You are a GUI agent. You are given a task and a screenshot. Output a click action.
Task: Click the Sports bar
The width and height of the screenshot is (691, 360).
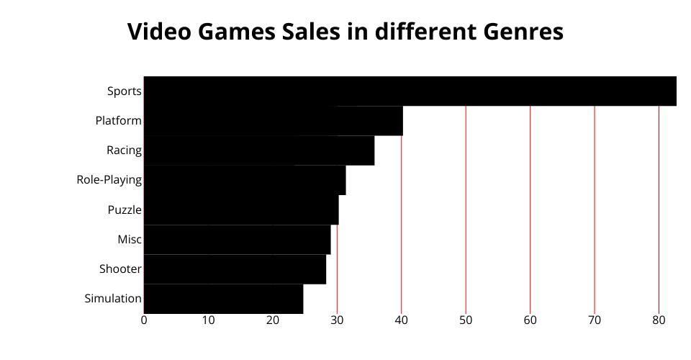click(410, 91)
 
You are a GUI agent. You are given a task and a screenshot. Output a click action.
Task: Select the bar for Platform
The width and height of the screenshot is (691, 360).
click(274, 121)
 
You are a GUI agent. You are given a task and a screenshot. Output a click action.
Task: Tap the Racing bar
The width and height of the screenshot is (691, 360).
click(259, 150)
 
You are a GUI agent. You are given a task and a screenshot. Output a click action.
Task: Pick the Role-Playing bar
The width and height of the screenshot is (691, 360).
click(245, 180)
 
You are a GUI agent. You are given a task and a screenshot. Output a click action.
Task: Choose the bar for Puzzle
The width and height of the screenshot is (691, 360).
click(241, 210)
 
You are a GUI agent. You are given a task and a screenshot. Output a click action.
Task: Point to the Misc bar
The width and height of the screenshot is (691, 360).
click(238, 239)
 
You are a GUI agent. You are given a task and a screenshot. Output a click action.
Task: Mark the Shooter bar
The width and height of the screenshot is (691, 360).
click(235, 269)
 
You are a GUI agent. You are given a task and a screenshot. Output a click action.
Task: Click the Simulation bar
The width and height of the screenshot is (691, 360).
click(223, 299)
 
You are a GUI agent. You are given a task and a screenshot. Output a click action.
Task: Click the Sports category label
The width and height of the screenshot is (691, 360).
click(124, 91)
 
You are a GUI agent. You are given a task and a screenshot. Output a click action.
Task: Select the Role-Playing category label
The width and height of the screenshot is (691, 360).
click(109, 180)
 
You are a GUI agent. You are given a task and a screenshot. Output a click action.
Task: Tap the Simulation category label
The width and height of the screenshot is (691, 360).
click(112, 299)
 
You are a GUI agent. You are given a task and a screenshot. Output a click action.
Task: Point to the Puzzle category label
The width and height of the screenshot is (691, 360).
click(124, 210)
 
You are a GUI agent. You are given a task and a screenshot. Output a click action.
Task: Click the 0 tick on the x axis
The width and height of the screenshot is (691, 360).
click(144, 320)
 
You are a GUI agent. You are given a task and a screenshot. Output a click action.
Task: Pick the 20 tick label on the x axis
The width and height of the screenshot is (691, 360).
click(273, 320)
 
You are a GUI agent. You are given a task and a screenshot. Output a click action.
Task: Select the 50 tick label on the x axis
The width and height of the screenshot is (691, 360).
click(466, 320)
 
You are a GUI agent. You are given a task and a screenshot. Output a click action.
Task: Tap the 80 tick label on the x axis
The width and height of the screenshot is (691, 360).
click(659, 320)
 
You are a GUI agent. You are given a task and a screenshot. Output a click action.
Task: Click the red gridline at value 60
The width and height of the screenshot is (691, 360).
click(530, 209)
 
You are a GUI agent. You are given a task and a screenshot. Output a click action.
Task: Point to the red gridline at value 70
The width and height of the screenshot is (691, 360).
click(595, 209)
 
